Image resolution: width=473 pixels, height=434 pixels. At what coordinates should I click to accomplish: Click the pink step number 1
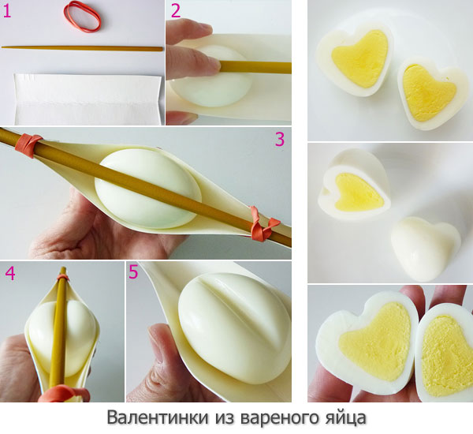point(6,11)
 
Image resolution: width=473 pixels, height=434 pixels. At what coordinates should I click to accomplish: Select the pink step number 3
point(280,139)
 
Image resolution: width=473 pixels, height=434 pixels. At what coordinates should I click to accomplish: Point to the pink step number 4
point(10,273)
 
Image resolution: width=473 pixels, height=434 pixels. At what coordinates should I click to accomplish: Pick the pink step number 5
point(133,271)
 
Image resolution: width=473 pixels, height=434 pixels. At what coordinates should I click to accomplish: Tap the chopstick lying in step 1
point(82,48)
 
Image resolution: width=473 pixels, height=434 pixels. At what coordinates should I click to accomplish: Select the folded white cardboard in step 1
point(88,99)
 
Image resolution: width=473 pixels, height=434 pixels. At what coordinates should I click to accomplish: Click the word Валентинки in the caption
point(158,417)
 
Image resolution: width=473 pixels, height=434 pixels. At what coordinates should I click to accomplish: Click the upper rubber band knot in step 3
point(28,145)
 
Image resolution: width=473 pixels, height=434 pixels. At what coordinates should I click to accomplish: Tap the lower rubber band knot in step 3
point(263,224)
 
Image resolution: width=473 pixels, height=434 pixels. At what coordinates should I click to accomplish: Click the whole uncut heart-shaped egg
point(426,249)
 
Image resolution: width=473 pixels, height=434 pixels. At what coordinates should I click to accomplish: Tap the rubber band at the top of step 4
point(63,277)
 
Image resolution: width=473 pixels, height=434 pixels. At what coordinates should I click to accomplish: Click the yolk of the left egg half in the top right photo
point(359,59)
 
